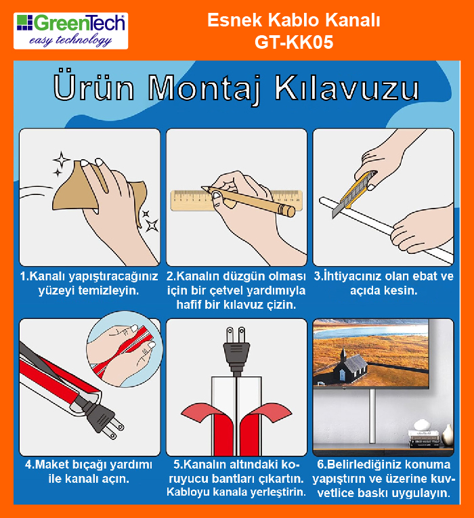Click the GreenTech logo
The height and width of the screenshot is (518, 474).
tap(70, 31)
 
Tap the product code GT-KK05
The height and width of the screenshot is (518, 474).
tap(294, 42)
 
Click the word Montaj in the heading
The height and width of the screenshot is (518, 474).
tap(204, 88)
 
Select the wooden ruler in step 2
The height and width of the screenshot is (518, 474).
tap(236, 200)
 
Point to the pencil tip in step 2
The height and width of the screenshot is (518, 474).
tap(202, 188)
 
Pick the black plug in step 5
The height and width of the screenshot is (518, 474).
tap(236, 349)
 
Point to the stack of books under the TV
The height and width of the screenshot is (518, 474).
tap(424, 438)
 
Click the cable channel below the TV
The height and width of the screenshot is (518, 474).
tap(372, 416)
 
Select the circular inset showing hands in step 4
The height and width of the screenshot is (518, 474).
tap(125, 349)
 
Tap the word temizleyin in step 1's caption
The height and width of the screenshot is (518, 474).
tap(114, 290)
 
